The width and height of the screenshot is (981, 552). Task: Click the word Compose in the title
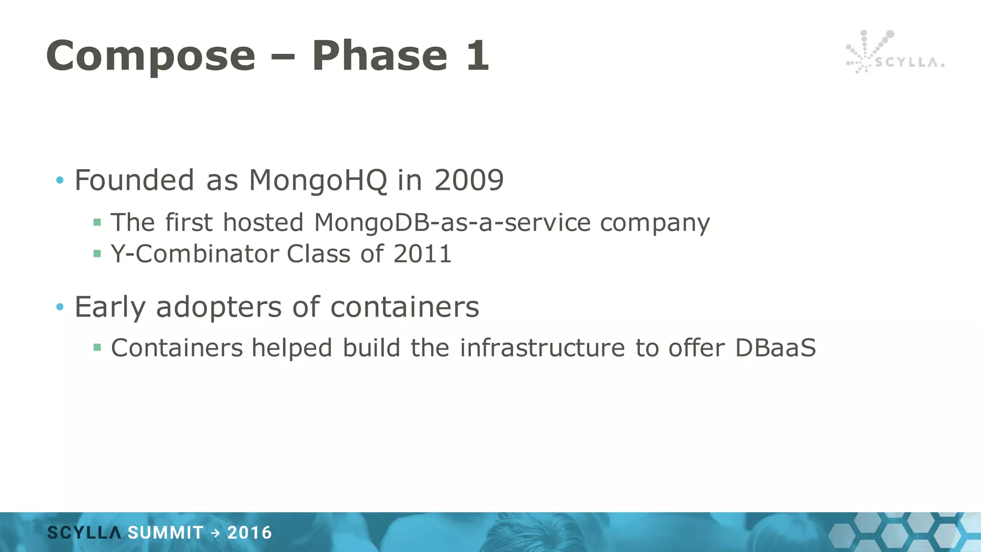(151, 57)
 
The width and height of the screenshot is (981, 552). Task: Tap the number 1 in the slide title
(477, 56)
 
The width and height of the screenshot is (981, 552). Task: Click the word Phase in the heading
(380, 56)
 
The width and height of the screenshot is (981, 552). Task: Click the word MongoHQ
(318, 181)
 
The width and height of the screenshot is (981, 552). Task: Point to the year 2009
(468, 181)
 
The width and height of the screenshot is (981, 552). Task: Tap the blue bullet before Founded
(60, 181)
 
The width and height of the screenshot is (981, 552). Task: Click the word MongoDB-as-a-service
(452, 223)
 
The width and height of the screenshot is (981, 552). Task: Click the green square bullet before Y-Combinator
(97, 253)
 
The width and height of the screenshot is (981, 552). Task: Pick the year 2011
(422, 254)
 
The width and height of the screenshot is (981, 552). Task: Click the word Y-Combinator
(195, 254)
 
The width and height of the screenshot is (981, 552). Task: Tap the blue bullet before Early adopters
(60, 307)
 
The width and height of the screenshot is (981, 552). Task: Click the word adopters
(219, 307)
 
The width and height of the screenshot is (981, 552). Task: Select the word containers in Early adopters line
(405, 307)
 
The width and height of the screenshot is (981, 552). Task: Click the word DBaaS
(775, 348)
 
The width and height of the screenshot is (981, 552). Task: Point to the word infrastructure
(542, 348)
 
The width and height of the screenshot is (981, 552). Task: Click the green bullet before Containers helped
(97, 347)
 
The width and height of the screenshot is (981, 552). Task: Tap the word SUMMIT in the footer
(165, 533)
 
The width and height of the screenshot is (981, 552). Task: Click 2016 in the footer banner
(250, 533)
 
